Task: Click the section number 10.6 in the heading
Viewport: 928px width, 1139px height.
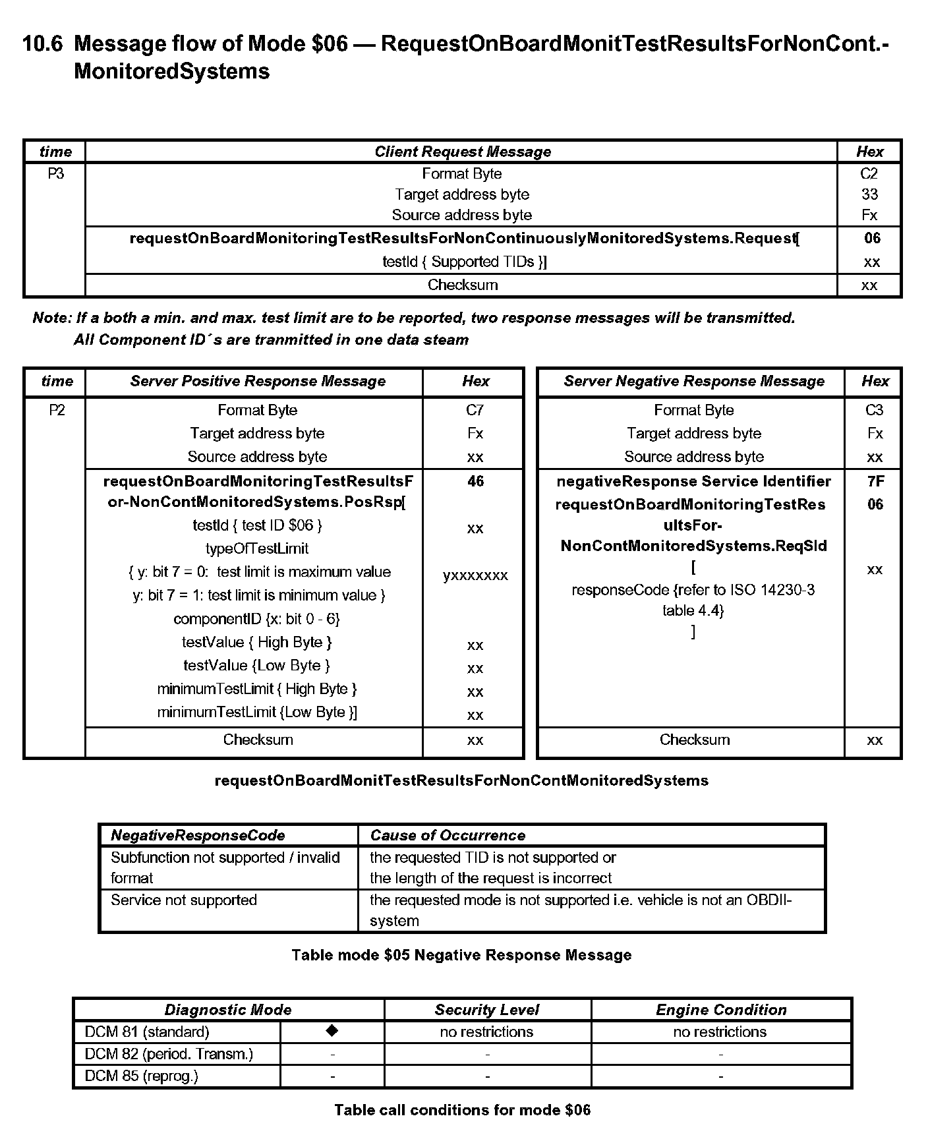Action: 43,44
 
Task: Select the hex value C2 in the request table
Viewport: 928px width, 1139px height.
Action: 869,173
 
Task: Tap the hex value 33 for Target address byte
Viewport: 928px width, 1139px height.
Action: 869,194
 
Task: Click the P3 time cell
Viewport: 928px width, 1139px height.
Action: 55,173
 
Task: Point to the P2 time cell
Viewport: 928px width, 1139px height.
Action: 57,410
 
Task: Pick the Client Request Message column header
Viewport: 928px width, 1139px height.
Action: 462,152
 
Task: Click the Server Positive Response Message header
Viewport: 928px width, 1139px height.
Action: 257,381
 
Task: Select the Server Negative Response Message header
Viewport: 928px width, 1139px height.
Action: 693,381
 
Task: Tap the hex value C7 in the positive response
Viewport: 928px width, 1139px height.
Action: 475,410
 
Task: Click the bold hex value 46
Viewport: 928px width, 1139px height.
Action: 475,481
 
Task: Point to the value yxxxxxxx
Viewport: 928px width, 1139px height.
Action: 475,575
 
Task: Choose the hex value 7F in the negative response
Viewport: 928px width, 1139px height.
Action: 875,481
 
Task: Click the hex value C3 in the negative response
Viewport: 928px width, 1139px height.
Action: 874,410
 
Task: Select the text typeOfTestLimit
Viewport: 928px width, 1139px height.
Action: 257,548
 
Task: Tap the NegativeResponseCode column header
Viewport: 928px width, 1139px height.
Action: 198,835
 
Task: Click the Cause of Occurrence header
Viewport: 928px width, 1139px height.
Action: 448,835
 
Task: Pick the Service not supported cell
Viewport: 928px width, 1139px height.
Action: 183,900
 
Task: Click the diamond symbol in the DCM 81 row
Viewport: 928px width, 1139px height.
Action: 332,1030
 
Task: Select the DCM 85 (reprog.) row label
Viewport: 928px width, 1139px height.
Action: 141,1076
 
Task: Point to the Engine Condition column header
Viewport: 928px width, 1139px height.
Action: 721,1010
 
